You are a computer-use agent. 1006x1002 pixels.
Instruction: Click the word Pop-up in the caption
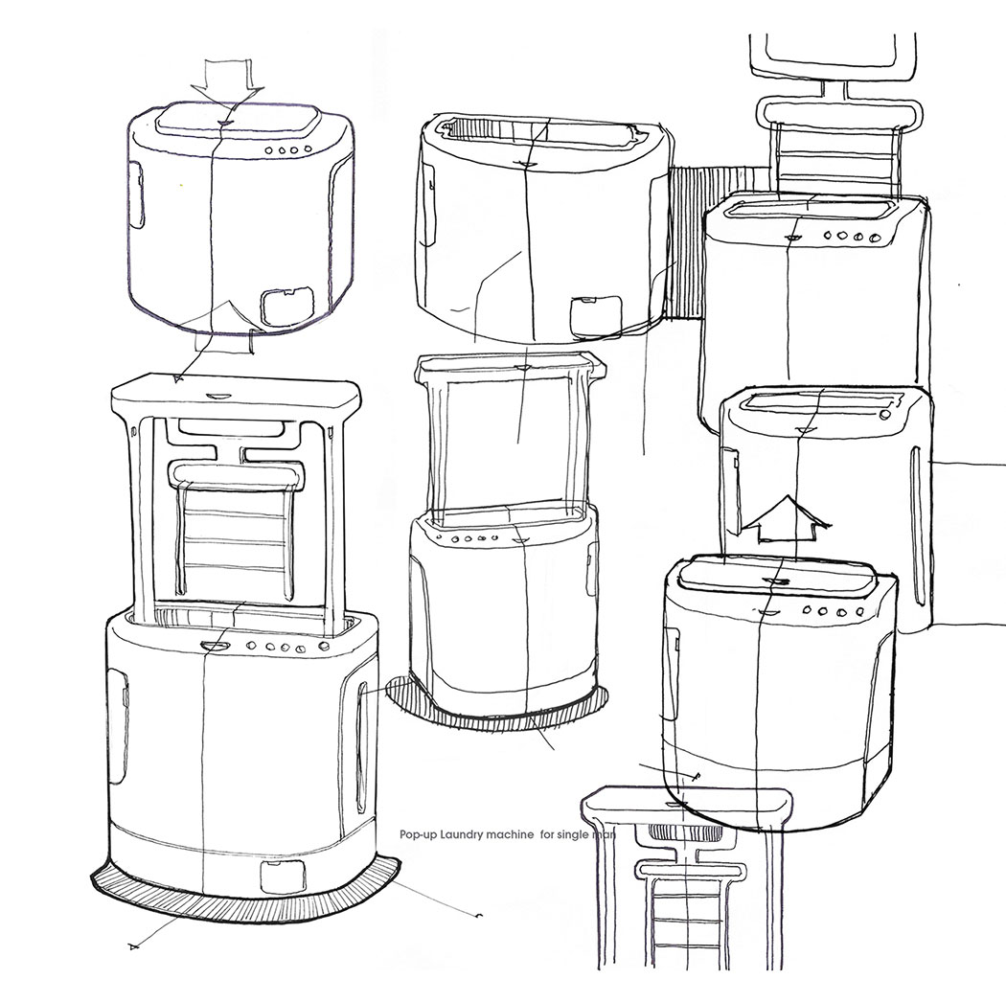tap(419, 835)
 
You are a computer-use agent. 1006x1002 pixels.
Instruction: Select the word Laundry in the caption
tap(463, 835)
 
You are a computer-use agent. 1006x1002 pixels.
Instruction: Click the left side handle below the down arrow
tap(136, 196)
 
